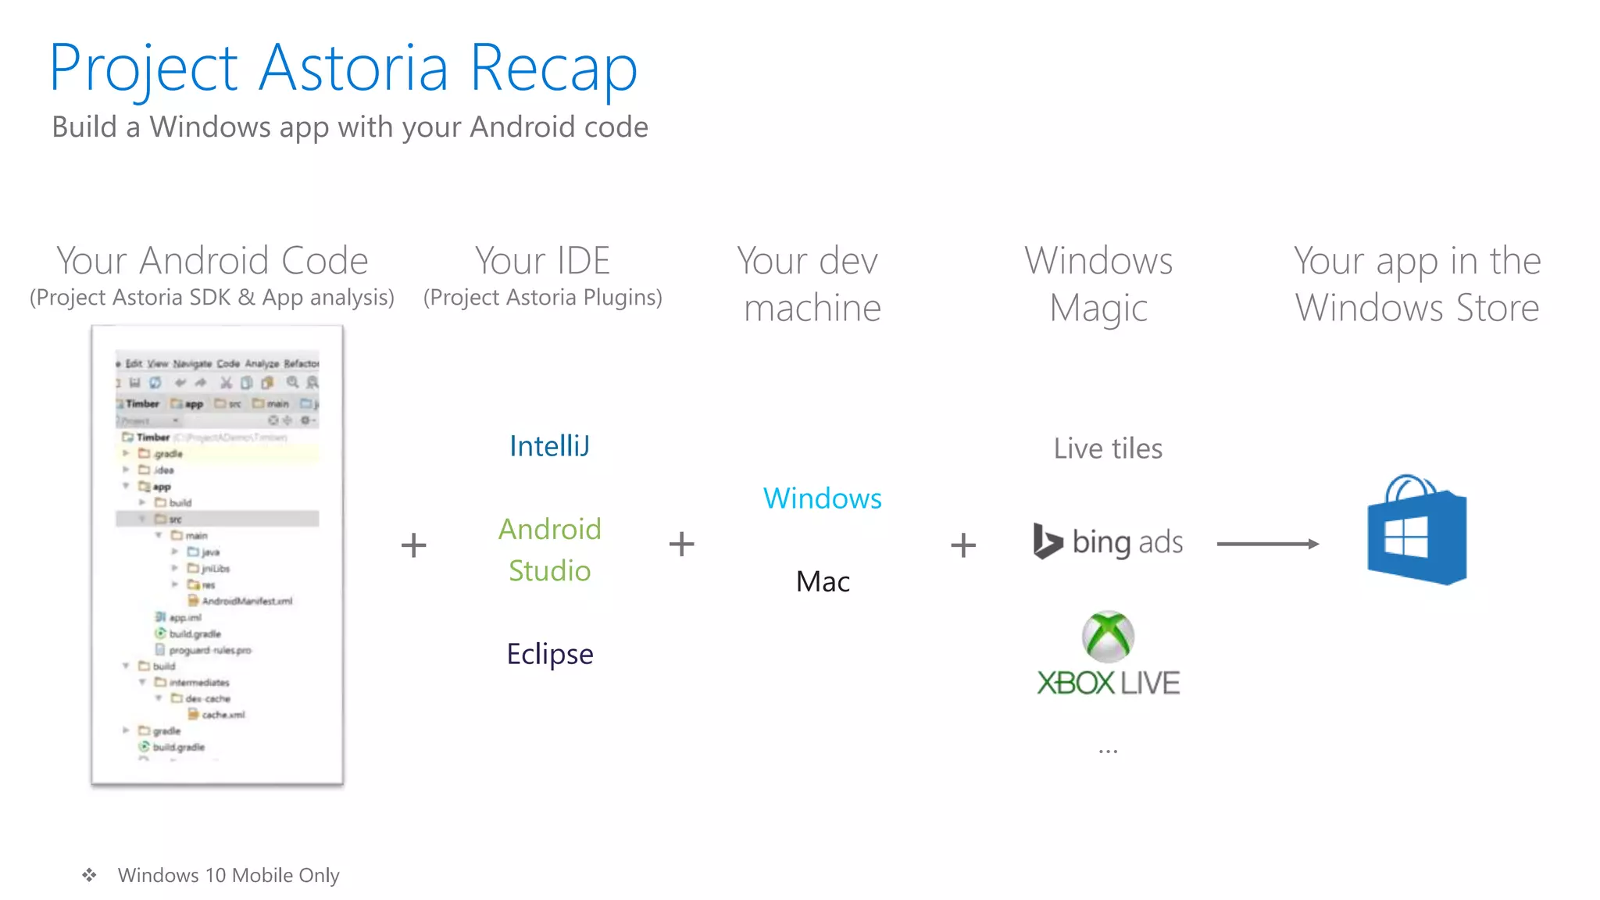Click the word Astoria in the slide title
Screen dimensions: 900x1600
pyautogui.click(x=353, y=68)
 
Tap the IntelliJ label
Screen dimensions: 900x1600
pyautogui.click(x=549, y=446)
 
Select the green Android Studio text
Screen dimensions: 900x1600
pyautogui.click(x=550, y=549)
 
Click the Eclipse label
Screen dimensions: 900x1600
pyautogui.click(x=550, y=654)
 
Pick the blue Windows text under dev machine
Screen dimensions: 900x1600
pyautogui.click(x=823, y=498)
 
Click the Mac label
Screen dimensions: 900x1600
pyautogui.click(x=823, y=582)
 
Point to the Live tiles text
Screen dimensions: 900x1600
pyautogui.click(x=1108, y=448)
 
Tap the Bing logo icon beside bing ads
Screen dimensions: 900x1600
pyautogui.click(x=1047, y=541)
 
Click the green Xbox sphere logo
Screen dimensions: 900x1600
pyautogui.click(x=1108, y=636)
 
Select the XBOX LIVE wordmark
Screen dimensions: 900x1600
pyautogui.click(x=1108, y=684)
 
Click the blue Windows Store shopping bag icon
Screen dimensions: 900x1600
pyautogui.click(x=1416, y=531)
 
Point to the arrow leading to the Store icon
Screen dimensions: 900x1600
pyautogui.click(x=1267, y=544)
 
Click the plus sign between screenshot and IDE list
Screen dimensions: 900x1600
pyautogui.click(x=414, y=545)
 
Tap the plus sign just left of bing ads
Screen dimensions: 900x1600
pyautogui.click(x=963, y=545)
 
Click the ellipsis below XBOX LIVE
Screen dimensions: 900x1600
pyautogui.click(x=1108, y=752)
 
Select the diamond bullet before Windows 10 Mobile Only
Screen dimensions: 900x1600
pyautogui.click(x=90, y=875)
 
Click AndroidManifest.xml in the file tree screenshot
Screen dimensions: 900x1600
pyautogui.click(x=246, y=601)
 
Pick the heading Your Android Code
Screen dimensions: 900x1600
pyautogui.click(x=212, y=261)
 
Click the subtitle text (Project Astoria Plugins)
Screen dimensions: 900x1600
pyautogui.click(x=543, y=298)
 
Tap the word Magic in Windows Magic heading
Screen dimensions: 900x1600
pyautogui.click(x=1098, y=308)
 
